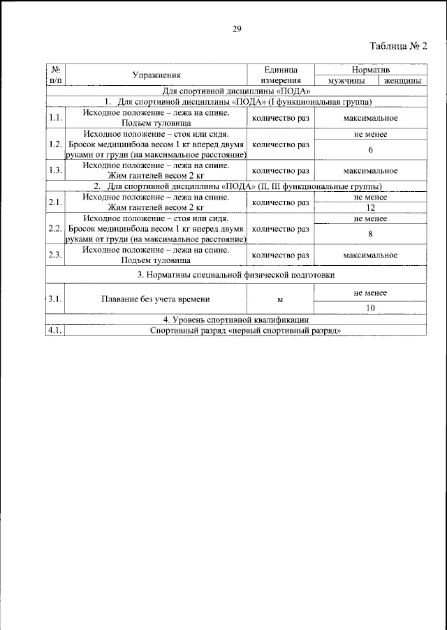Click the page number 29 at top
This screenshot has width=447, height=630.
(x=237, y=29)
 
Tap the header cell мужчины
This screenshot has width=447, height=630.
(x=344, y=81)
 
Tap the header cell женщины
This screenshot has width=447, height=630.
(x=402, y=81)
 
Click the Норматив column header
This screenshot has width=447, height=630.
(x=370, y=70)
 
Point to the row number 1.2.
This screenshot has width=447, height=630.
(x=56, y=145)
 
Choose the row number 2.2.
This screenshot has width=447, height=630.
(x=56, y=229)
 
